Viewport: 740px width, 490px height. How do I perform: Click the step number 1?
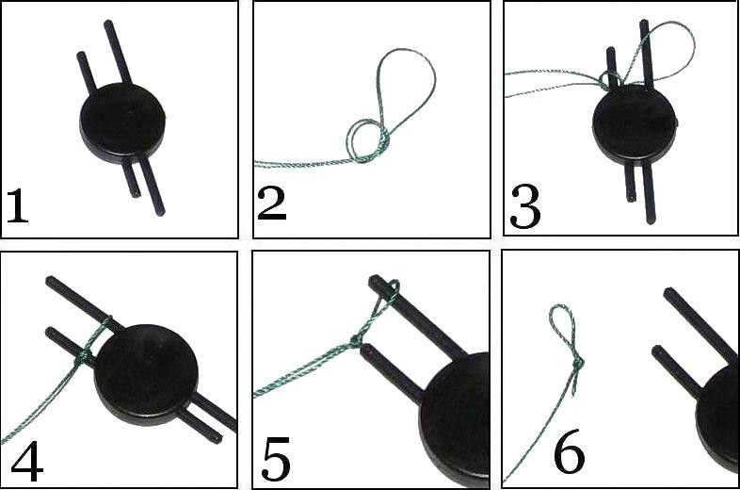(x=18, y=205)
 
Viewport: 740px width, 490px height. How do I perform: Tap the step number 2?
(x=272, y=204)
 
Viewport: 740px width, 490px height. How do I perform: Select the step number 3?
(x=524, y=207)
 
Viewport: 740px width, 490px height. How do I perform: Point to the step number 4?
(x=27, y=465)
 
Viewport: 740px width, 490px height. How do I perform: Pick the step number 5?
(x=276, y=459)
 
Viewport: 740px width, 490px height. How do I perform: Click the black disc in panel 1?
(x=122, y=123)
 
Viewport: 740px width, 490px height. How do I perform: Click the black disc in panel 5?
(x=455, y=415)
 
